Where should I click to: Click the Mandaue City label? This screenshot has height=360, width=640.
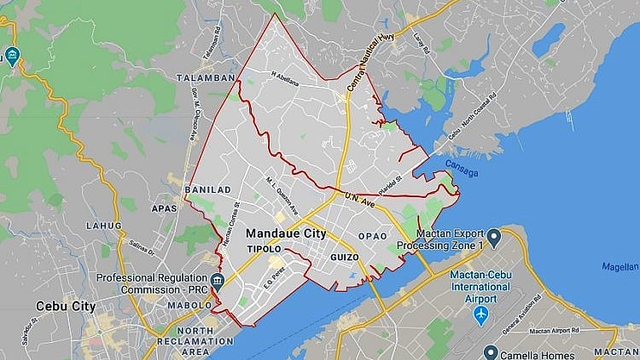point(285,232)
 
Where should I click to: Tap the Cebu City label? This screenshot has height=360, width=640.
point(65,305)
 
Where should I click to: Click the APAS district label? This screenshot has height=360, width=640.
point(163,206)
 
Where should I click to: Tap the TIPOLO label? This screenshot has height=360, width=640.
point(264,249)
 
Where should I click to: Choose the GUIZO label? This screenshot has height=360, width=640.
point(343,257)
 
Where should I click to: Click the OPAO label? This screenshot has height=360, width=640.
point(372,235)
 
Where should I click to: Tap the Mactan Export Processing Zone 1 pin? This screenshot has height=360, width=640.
point(493,235)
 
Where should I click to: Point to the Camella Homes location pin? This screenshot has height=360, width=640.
point(491,351)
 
